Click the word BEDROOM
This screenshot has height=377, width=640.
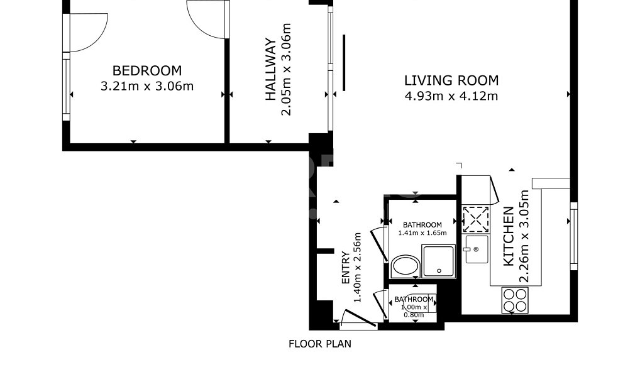[x=147, y=70]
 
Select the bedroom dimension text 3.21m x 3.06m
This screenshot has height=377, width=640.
[x=147, y=87]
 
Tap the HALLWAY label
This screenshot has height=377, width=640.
[x=271, y=69]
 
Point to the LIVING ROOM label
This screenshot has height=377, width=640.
[x=451, y=80]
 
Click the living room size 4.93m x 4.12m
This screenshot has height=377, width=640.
[x=451, y=96]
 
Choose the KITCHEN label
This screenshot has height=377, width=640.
[x=509, y=236]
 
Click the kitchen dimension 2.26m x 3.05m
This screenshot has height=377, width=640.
[x=524, y=236]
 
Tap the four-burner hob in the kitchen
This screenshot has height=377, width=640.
[x=515, y=300]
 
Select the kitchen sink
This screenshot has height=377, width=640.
[x=475, y=249]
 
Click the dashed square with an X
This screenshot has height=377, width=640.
[x=475, y=219]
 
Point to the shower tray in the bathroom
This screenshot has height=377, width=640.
[x=438, y=261]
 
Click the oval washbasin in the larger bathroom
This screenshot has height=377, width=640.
[x=405, y=266]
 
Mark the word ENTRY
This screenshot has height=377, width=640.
[x=345, y=268]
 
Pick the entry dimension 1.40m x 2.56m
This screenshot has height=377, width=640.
[x=358, y=268]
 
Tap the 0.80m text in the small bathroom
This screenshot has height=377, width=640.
[x=414, y=315]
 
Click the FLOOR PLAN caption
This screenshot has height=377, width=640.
[x=320, y=344]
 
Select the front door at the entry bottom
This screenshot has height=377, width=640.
[x=358, y=319]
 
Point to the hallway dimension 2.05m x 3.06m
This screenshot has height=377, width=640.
[x=287, y=69]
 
